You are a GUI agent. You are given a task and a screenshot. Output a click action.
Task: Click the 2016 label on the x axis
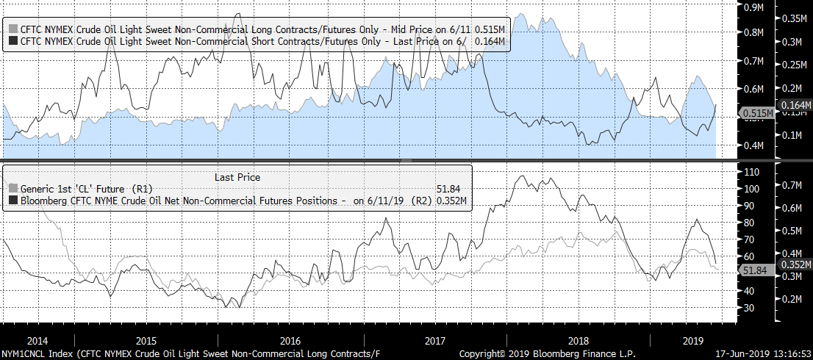click(x=290, y=340)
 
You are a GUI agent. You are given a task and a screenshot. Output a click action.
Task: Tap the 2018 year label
click(x=579, y=340)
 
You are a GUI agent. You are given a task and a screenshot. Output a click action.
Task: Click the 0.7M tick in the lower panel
click(x=792, y=184)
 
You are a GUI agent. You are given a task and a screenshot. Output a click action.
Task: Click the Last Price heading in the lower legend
click(x=237, y=177)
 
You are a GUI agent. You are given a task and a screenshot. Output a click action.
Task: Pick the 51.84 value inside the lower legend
click(x=449, y=189)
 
